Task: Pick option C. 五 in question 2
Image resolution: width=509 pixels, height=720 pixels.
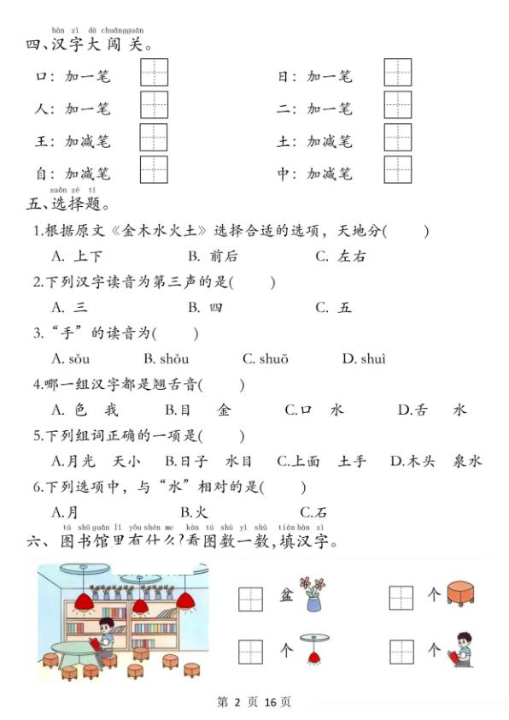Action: [x=333, y=308]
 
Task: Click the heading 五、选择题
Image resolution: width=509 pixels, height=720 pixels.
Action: [x=67, y=204]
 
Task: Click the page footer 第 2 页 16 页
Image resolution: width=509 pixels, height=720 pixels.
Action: [x=254, y=703]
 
